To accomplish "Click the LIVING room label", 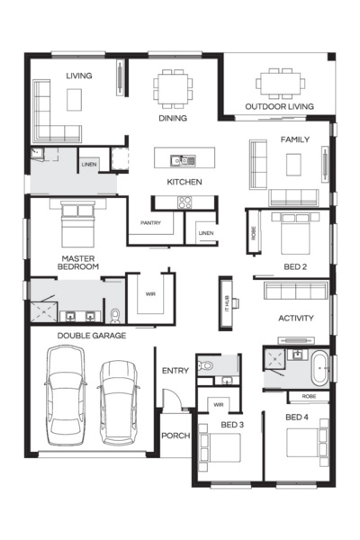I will [78, 76].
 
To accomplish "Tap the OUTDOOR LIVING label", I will [280, 107].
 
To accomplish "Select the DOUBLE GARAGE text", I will [91, 336].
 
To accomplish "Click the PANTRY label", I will [150, 222].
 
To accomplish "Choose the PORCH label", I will [175, 436].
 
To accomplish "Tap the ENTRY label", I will [175, 371].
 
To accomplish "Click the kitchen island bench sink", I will [184, 161].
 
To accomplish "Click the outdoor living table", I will [280, 82].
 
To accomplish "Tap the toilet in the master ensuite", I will [114, 315].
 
